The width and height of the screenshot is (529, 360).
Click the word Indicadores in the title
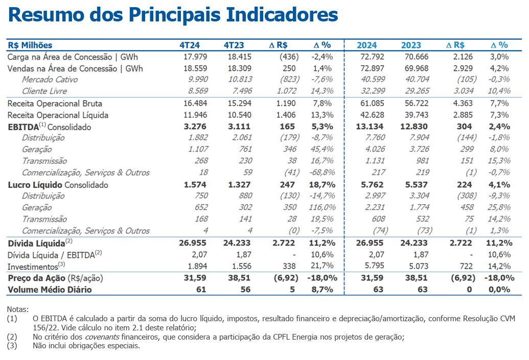point(282,15)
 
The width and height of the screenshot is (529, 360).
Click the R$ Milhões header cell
point(30,45)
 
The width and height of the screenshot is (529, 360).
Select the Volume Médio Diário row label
point(50,290)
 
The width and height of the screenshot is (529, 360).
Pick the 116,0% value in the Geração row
point(322,207)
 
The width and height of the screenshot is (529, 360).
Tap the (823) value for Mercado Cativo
point(286,79)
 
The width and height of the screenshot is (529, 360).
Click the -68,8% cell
point(321,173)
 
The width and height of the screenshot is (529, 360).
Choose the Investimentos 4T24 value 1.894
point(193,266)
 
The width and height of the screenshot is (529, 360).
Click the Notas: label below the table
point(18,309)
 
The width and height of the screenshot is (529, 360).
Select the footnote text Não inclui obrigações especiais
point(86,346)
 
